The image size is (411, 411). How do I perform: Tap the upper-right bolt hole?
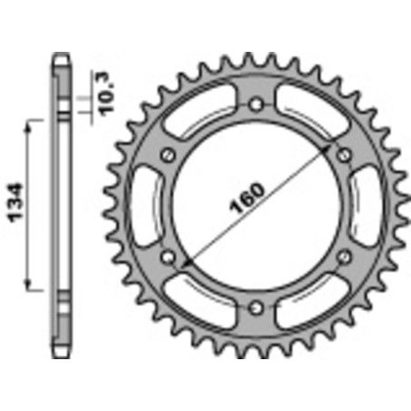pyautogui.click(x=343, y=155)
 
